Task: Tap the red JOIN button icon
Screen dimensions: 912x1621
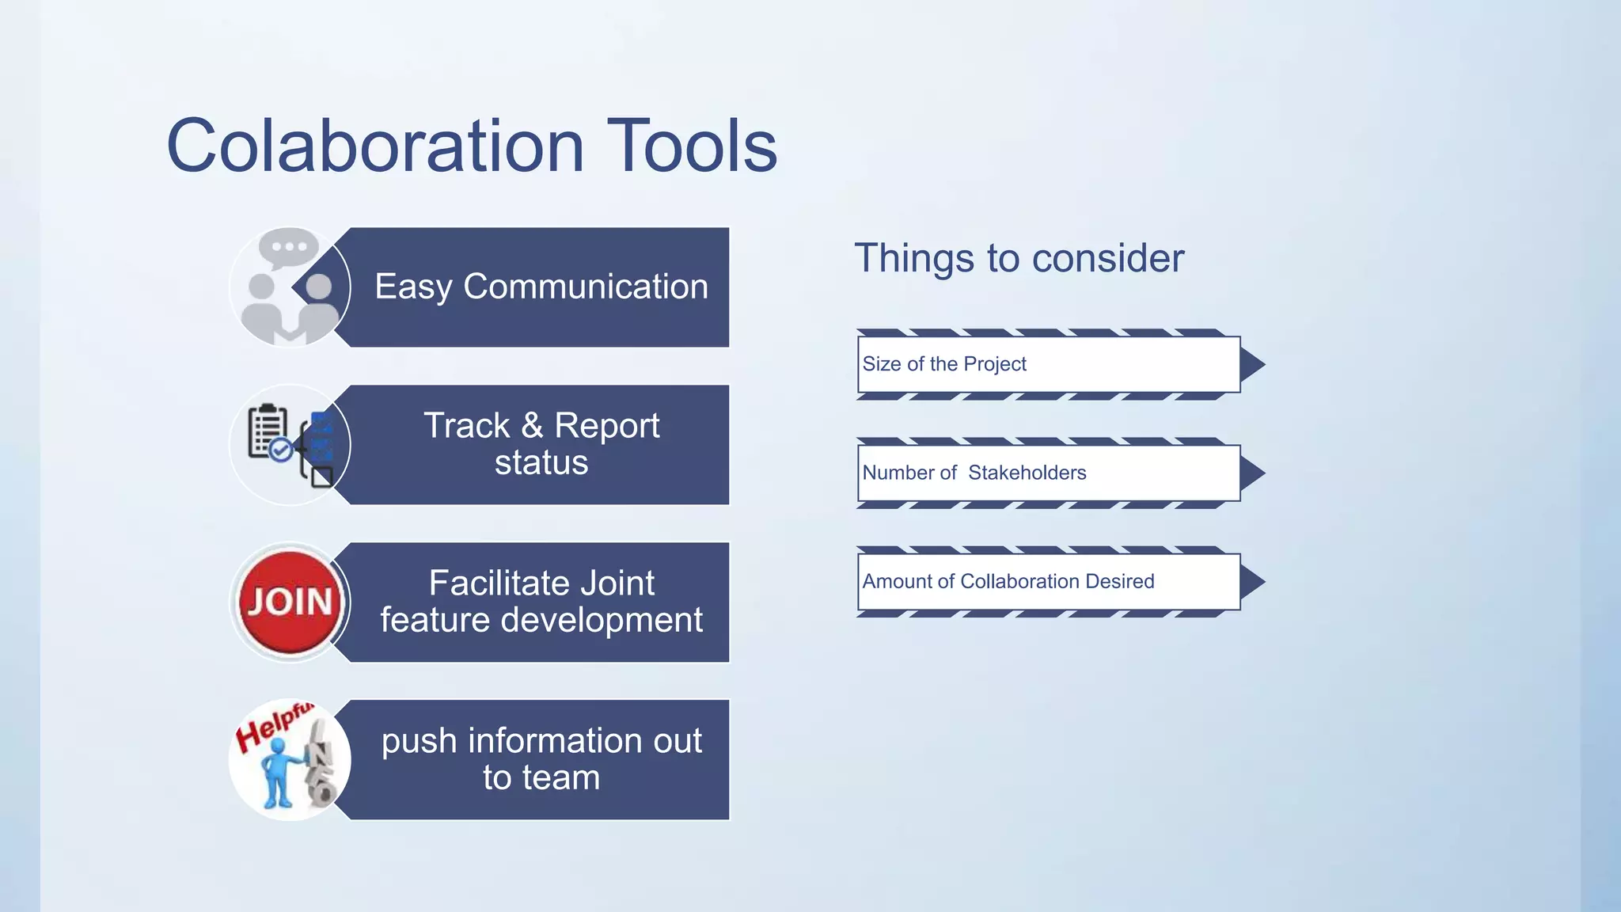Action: coord(290,602)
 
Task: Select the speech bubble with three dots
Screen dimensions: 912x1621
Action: coord(288,247)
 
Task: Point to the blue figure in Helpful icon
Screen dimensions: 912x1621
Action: coord(278,772)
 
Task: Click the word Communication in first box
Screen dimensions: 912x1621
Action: coord(585,287)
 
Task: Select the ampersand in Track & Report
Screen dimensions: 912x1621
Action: coord(532,426)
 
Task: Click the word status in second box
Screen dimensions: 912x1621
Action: coord(541,463)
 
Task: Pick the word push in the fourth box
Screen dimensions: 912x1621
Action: coord(419,742)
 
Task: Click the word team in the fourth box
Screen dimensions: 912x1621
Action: coord(563,778)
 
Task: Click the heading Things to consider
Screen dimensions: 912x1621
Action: coord(1019,258)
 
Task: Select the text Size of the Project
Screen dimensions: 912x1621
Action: coord(943,364)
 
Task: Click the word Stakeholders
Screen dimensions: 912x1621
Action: coord(1027,473)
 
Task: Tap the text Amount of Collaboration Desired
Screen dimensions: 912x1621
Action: coord(1008,581)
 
